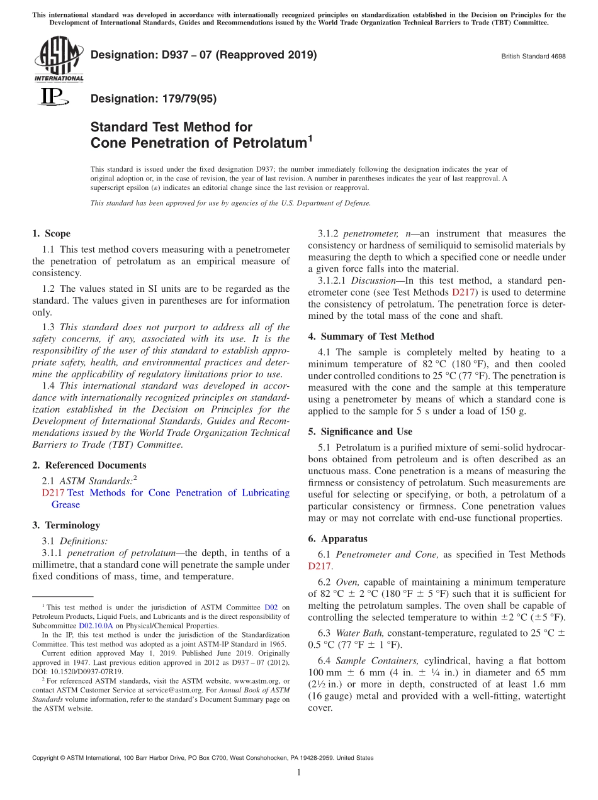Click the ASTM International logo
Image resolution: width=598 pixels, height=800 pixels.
click(x=58, y=60)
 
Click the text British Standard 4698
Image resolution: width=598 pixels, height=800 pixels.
click(x=533, y=56)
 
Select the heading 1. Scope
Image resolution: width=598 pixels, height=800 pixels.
click(x=52, y=233)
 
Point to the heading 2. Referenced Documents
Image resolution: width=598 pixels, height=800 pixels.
click(x=89, y=465)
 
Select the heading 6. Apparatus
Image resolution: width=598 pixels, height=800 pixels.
click(x=338, y=539)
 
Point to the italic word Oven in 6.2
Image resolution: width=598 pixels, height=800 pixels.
click(x=347, y=582)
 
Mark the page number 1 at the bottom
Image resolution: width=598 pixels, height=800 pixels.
click(x=299, y=772)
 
